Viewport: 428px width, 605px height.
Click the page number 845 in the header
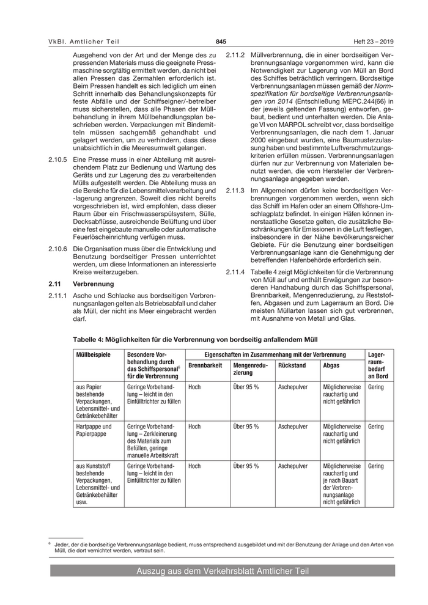(x=221, y=42)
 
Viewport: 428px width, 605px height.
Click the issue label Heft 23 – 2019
(x=374, y=42)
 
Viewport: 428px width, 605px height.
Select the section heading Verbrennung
(x=91, y=284)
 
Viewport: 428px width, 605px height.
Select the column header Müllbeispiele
(x=93, y=355)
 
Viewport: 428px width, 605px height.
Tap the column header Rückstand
(x=292, y=365)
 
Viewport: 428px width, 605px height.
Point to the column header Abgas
(x=331, y=365)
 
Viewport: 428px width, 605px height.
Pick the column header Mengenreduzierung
(x=251, y=369)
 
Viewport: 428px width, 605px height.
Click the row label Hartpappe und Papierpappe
(x=94, y=430)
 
